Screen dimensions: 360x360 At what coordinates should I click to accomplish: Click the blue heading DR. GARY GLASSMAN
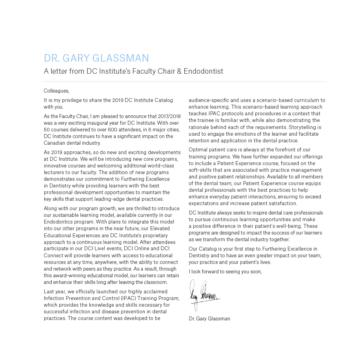point(96,58)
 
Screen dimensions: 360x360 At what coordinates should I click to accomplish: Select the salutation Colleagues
point(56,91)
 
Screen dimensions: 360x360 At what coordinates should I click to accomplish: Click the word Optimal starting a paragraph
point(198,149)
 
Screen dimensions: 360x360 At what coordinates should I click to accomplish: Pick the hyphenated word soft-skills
point(202,170)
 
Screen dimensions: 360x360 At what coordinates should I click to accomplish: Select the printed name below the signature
point(209,318)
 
